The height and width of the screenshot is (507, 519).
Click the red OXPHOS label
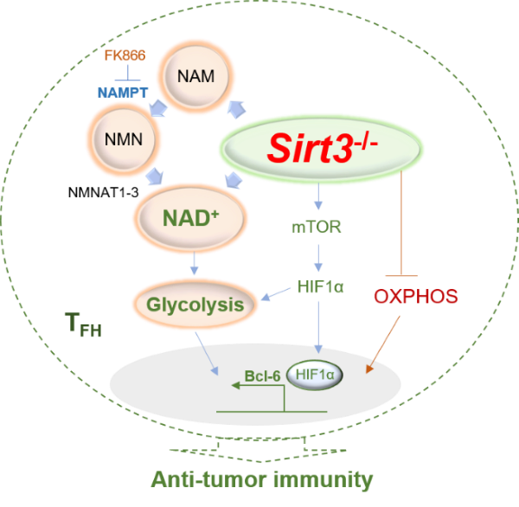(x=415, y=296)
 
